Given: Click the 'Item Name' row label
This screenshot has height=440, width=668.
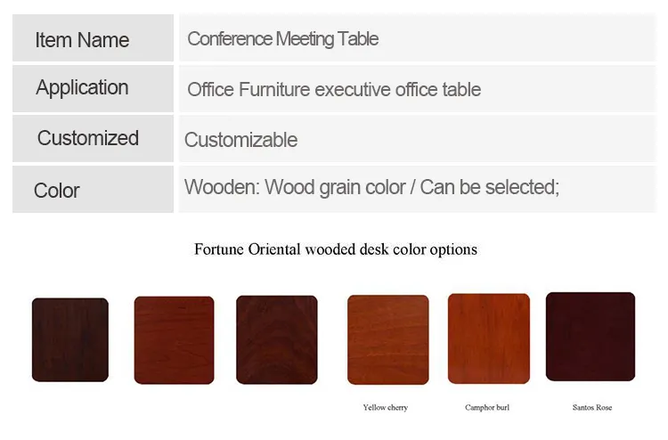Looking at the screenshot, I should pyautogui.click(x=82, y=40).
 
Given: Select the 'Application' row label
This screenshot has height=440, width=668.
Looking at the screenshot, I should pyautogui.click(x=82, y=88).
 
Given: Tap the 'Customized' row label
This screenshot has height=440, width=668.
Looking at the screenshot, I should pyautogui.click(x=88, y=138).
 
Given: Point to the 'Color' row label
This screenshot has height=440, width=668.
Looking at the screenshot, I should pyautogui.click(x=57, y=191).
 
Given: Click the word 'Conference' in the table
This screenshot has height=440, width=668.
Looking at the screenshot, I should pyautogui.click(x=229, y=39).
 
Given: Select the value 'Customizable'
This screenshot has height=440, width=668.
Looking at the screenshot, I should pyautogui.click(x=240, y=140).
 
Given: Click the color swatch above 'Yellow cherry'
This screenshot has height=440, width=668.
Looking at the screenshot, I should pyautogui.click(x=387, y=339).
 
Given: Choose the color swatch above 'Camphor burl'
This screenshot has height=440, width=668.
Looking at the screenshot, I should pyautogui.click(x=488, y=338).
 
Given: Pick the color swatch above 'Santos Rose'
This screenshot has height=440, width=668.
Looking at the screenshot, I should pyautogui.click(x=590, y=337).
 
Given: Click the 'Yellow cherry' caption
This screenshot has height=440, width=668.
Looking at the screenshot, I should pyautogui.click(x=386, y=408).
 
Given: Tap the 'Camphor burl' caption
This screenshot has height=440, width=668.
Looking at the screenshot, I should pyautogui.click(x=487, y=408).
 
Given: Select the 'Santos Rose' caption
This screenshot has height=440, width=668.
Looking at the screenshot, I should pyautogui.click(x=592, y=408).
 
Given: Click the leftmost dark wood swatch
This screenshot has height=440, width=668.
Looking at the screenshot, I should pyautogui.click(x=70, y=339).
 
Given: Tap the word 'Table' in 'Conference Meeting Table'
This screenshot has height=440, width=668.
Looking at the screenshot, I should pyautogui.click(x=358, y=39).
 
